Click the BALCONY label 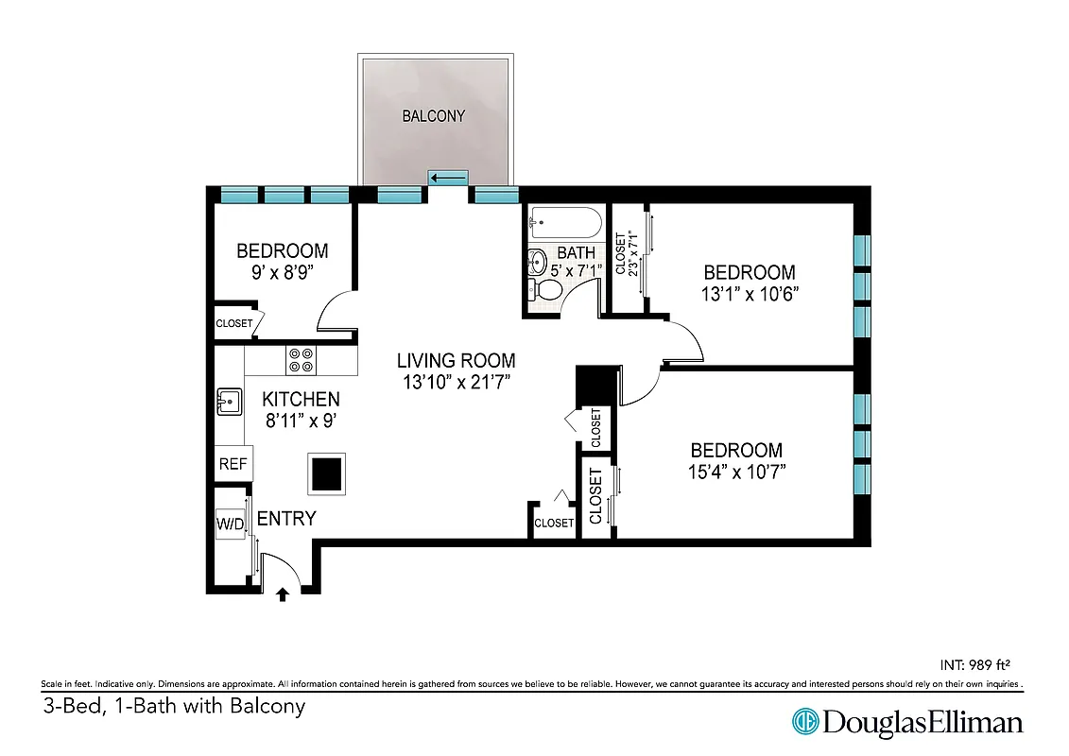434,116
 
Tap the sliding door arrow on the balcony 448,177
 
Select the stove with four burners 302,360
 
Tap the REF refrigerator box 233,464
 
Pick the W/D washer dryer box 231,523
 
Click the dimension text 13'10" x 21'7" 456,383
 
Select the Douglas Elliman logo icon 804,723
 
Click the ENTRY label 286,518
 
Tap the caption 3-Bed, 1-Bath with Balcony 174,706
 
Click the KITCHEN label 301,400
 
